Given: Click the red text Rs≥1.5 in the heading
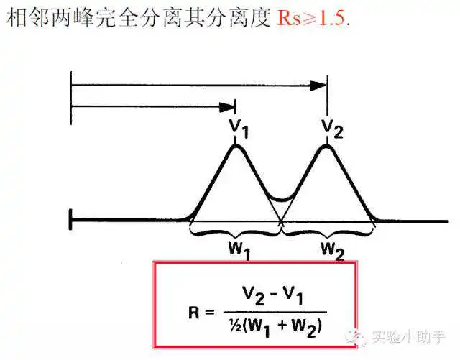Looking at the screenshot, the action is coord(311,17).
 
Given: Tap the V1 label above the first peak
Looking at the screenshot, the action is coord(239,129).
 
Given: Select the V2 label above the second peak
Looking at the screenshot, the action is coord(332,128).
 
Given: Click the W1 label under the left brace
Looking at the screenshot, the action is coord(239,251).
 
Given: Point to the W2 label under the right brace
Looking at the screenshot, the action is coord(333,251).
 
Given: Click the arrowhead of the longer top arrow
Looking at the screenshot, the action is coord(318,86).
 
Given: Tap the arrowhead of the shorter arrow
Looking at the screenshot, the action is coord(227,107).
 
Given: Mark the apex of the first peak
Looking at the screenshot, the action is coord(235,146).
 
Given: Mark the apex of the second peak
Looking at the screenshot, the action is coord(326,146).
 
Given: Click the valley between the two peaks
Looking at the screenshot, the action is coord(281,200).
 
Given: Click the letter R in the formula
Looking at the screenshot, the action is coord(194,313).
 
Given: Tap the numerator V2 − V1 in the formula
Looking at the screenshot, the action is coord(273,296).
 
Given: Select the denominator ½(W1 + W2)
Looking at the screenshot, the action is coord(275,327).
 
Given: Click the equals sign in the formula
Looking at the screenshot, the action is coord(210,313).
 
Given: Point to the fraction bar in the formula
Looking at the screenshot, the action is coord(275,312).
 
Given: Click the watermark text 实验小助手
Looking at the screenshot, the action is coord(409,336).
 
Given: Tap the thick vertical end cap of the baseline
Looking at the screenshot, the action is coord(70,219).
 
